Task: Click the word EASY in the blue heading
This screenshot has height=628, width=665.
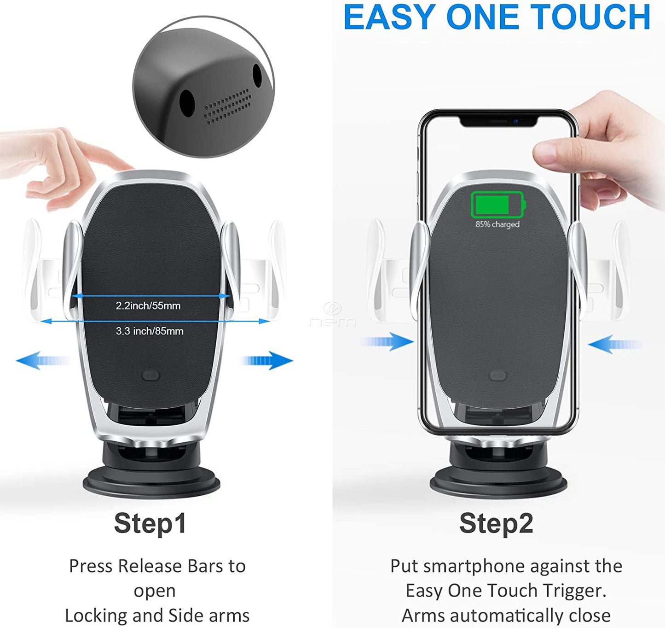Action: coord(389,17)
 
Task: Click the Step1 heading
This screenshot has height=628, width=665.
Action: coord(150,523)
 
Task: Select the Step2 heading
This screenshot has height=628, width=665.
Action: coord(496,523)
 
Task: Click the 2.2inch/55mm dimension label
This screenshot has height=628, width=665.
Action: coord(148,305)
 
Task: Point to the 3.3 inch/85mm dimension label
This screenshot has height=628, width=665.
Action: coord(150,331)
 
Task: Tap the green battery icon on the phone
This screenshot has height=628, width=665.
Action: coord(497,205)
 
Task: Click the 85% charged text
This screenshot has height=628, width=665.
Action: coord(497,224)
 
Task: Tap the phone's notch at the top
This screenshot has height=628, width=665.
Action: coord(499,121)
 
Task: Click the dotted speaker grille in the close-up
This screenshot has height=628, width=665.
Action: coord(228,106)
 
